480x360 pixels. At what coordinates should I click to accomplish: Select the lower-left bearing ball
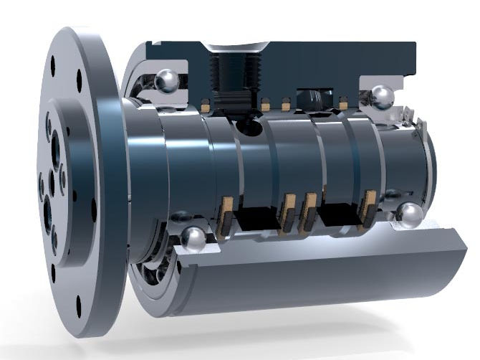click(x=192, y=239)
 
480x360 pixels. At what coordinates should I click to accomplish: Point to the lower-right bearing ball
click(x=409, y=216)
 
